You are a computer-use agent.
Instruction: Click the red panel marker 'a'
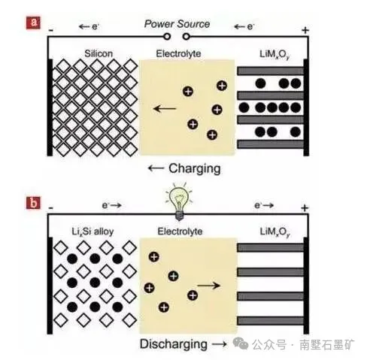[33, 23]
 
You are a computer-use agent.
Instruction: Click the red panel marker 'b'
[33, 203]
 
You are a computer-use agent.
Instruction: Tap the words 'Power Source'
[177, 24]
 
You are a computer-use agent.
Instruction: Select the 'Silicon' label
[99, 53]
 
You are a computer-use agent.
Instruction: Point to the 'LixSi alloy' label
[93, 231]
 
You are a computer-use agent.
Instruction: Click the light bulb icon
[179, 202]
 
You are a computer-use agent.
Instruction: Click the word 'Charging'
[195, 168]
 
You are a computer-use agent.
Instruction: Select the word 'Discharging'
[174, 343]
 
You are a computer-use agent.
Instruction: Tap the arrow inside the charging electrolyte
[165, 109]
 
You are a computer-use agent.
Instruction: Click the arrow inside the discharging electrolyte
[209, 286]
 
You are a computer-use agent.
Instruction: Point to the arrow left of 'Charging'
[156, 168]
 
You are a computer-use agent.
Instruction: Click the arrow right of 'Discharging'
[220, 344]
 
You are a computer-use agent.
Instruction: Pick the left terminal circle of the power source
[167, 37]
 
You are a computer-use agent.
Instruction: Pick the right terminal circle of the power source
[186, 37]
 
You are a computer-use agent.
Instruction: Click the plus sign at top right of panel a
[305, 30]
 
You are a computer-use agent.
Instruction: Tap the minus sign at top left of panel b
[51, 208]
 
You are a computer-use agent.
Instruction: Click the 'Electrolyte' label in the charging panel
[178, 53]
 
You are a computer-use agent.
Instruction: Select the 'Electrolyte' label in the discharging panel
[180, 231]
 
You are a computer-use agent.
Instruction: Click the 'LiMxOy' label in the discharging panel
[275, 232]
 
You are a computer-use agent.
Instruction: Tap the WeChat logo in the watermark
[241, 343]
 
